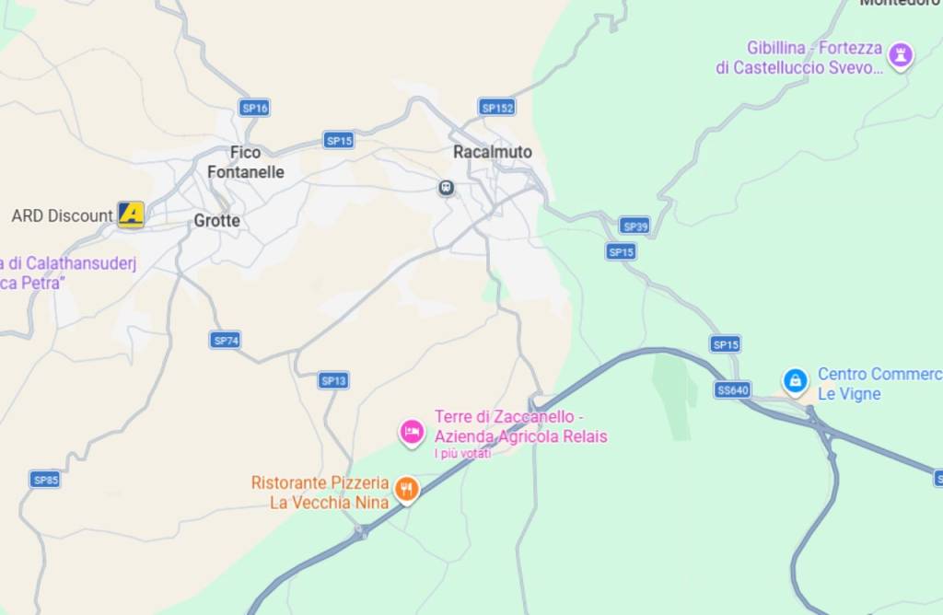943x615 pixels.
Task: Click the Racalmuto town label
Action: point(492,152)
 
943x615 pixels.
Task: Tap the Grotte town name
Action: point(216,221)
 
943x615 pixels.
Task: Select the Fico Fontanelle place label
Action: point(245,162)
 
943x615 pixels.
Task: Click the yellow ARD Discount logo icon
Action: point(131,215)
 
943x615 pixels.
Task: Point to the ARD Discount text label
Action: point(62,216)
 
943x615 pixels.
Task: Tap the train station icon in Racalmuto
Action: point(447,188)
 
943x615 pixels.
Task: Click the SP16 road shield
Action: point(254,108)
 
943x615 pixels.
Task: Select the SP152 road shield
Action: point(497,108)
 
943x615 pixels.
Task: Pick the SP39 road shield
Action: point(634,226)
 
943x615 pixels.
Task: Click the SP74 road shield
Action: point(226,341)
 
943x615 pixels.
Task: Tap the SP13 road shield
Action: point(333,380)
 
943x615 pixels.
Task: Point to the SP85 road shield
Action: point(45,480)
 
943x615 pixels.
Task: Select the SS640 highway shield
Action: point(732,389)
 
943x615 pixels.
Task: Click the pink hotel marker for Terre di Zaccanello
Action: point(411,430)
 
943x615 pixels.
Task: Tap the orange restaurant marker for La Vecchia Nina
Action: point(405,488)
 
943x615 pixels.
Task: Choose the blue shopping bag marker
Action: point(795,379)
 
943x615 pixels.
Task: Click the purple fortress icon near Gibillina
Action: point(900,55)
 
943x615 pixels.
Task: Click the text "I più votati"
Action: point(462,453)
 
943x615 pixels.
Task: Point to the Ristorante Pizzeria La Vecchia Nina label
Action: point(320,493)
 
